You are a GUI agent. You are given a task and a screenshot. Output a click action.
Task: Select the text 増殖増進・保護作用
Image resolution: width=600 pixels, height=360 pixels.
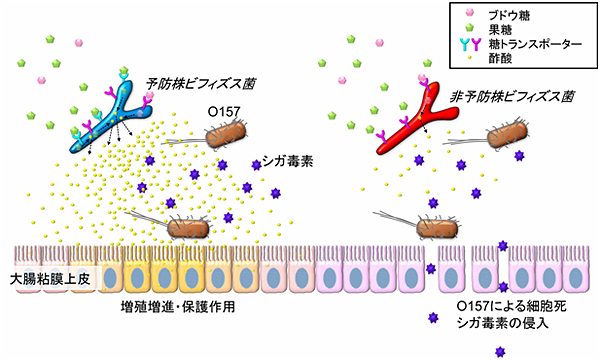(x=177, y=306)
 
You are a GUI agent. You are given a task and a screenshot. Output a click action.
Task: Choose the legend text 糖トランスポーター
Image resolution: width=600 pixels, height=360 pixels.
(x=530, y=44)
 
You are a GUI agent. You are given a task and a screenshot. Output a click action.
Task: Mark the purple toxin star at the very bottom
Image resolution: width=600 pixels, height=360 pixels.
(x=501, y=350)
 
